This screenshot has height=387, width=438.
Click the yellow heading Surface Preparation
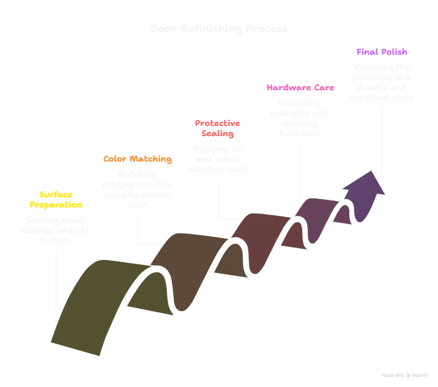click(x=55, y=199)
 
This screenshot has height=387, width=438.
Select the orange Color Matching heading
click(x=138, y=160)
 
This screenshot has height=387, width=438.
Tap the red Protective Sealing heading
click(x=217, y=129)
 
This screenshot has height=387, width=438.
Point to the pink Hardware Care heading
click(x=300, y=88)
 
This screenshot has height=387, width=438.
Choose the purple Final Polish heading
click(x=382, y=52)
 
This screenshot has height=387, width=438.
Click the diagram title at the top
click(x=219, y=29)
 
